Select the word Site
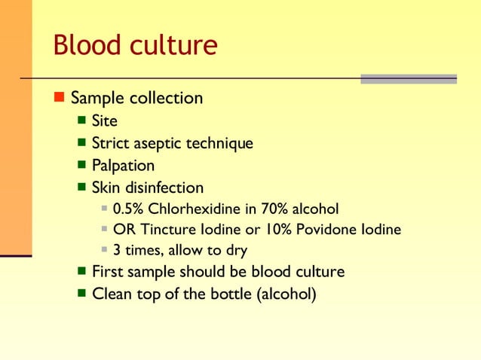pyautogui.click(x=104, y=121)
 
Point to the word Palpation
pyautogui.click(x=123, y=165)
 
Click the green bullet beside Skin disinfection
pyautogui.click(x=82, y=187)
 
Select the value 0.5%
pyautogui.click(x=127, y=208)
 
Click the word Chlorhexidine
pyautogui.click(x=193, y=208)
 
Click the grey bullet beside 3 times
pyautogui.click(x=106, y=250)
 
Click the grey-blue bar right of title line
pyautogui.click(x=409, y=78)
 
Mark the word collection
pyautogui.click(x=166, y=98)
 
